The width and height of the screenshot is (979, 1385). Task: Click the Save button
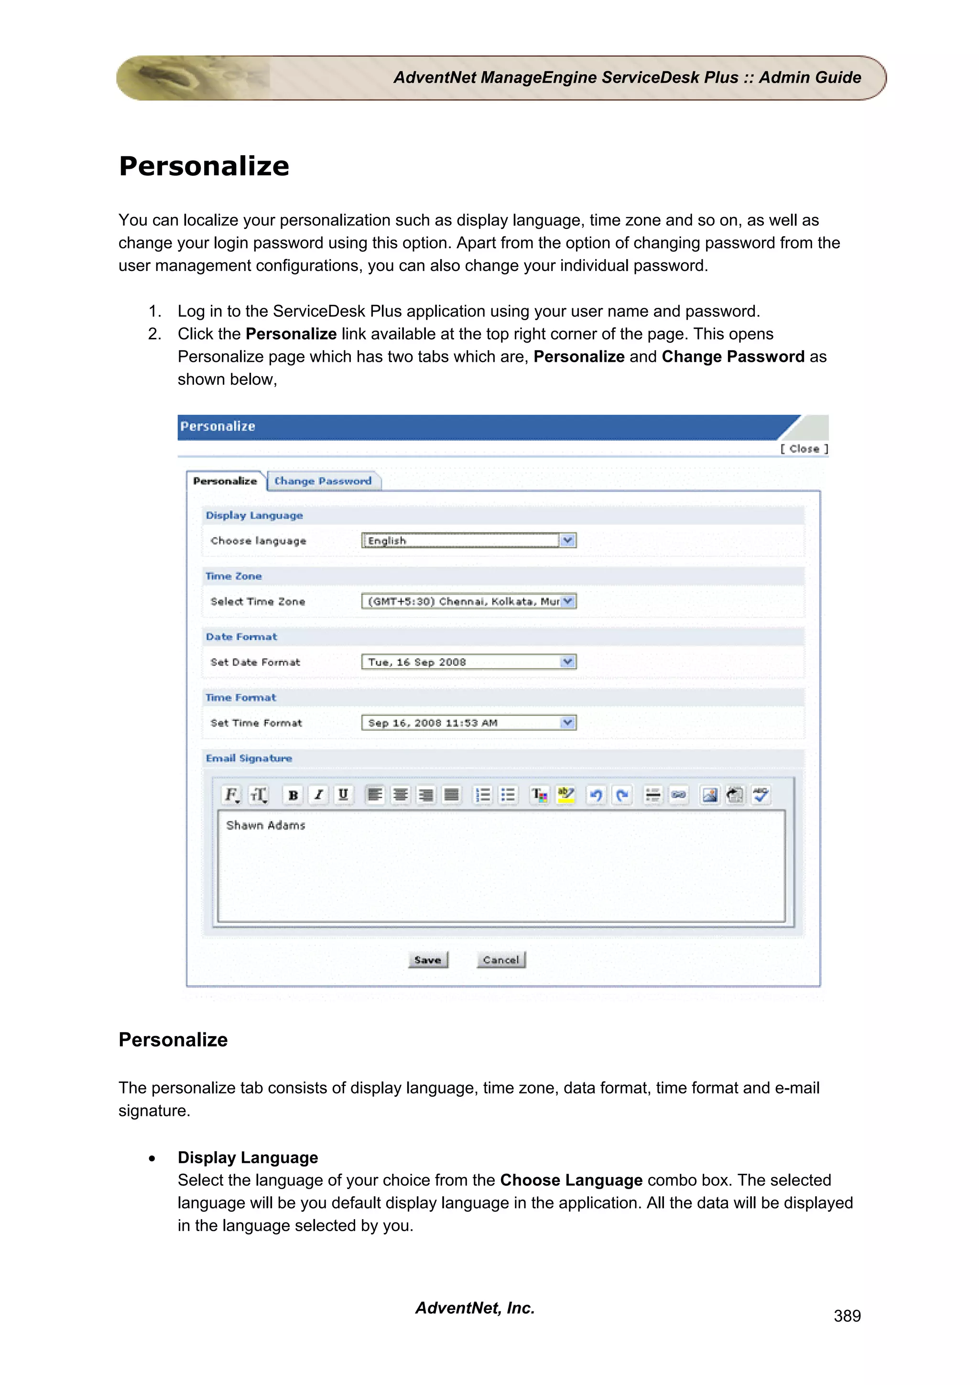428,960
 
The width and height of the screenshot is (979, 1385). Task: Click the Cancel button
500,960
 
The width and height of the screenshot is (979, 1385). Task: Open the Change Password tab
323,481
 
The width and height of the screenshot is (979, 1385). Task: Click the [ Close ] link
804,449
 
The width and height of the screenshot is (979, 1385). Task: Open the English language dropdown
468,541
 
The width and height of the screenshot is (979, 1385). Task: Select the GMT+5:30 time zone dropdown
468,601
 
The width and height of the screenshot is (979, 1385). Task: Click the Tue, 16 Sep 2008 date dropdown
468,662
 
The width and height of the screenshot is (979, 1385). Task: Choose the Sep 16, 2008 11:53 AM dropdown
468,723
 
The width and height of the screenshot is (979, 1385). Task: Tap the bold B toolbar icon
293,795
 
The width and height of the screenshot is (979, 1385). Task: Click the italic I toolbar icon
318,795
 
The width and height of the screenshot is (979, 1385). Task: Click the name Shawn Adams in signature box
265,825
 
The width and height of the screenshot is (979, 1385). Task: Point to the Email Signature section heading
249,758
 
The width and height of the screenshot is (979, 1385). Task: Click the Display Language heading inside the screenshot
254,515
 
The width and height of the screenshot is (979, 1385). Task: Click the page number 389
847,1316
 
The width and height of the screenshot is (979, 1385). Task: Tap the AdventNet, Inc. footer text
475,1308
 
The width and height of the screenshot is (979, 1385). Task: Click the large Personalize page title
204,166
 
